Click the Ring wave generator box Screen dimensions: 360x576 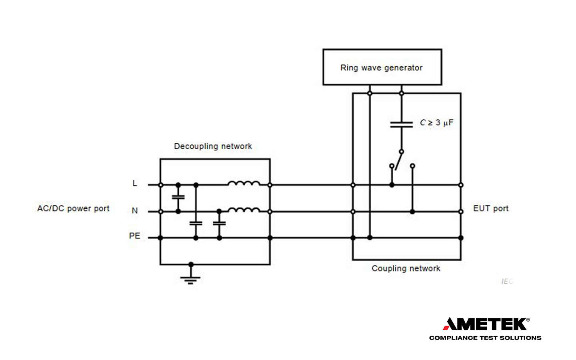point(382,67)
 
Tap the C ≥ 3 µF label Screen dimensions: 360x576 point(436,122)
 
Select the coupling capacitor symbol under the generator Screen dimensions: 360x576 point(401,124)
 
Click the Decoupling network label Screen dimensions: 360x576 point(213,146)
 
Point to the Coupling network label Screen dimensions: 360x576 point(406,268)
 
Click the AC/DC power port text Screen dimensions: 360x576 point(73,208)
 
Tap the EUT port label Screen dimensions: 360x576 point(490,208)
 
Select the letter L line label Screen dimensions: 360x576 point(135,183)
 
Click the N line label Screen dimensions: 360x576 point(135,210)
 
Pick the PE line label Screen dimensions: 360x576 point(134,236)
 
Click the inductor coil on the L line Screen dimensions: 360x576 point(244,183)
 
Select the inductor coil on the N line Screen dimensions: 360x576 point(244,210)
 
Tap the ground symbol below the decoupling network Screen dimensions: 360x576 point(190,278)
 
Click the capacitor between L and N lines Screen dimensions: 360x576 point(178,197)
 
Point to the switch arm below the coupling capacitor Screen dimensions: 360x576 point(398,160)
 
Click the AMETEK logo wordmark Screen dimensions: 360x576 point(486,324)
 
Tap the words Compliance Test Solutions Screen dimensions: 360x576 point(485,338)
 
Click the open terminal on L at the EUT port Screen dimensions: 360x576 point(461,185)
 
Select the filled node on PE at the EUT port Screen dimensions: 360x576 point(461,238)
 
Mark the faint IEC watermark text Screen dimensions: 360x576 point(507,281)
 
